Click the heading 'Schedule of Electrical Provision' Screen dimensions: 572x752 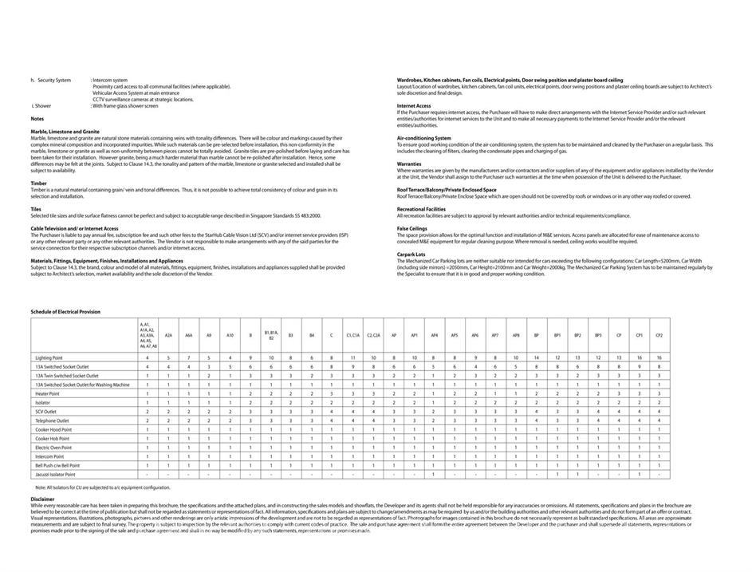(x=65, y=312)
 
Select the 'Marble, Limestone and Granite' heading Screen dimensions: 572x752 (x=65, y=131)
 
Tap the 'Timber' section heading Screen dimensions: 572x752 (x=39, y=183)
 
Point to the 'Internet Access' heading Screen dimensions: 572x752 (x=414, y=105)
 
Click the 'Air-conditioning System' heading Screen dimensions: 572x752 (x=424, y=137)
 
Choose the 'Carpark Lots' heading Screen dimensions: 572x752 (x=411, y=254)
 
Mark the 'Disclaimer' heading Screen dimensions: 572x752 (x=43, y=499)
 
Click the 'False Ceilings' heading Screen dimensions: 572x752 (x=412, y=228)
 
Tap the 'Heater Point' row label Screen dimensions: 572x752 (x=48, y=393)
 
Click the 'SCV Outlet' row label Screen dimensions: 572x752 (x=46, y=412)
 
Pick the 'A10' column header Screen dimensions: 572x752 (x=230, y=336)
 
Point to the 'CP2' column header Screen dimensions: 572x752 (x=659, y=336)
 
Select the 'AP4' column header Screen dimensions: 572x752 (x=434, y=336)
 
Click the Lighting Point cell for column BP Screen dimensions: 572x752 (x=536, y=357)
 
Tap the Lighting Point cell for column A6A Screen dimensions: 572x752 (x=189, y=357)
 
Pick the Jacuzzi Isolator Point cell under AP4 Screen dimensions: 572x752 (x=434, y=474)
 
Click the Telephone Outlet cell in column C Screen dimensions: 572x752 (x=332, y=420)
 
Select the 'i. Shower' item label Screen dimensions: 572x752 (x=41, y=105)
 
